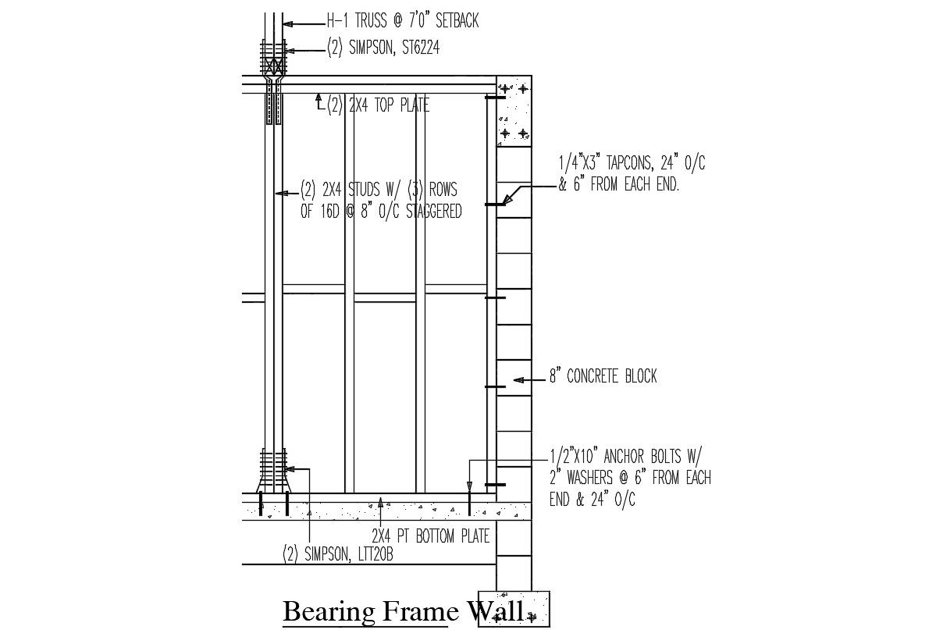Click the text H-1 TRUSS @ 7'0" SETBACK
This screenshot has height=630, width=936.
tap(402, 22)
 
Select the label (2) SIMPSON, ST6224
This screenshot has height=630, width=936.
tap(383, 48)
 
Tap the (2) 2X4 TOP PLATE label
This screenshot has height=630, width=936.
tap(378, 105)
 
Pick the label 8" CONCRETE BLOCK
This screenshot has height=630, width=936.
tap(603, 376)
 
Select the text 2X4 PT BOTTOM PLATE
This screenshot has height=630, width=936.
tap(430, 536)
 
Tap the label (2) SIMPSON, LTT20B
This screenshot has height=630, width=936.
tap(337, 554)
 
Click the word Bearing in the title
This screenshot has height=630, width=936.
tap(329, 611)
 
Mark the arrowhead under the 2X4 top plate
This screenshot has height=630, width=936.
tap(319, 98)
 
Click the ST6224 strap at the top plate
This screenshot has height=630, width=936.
tap(273, 86)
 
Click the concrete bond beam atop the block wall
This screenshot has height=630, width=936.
tap(514, 110)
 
